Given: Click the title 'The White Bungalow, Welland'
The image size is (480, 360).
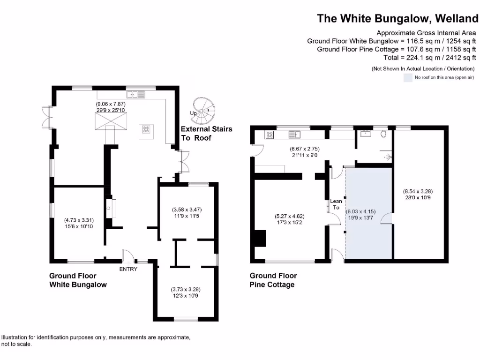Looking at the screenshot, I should (x=397, y=18).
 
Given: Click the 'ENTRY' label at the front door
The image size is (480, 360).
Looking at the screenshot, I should (x=128, y=269).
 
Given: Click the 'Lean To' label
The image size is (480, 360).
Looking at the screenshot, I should (x=336, y=204).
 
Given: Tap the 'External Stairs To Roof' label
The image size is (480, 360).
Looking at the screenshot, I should (x=206, y=133).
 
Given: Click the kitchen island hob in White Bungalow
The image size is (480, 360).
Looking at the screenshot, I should (x=146, y=130).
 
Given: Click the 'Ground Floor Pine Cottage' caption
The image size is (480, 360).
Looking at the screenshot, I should (x=273, y=280).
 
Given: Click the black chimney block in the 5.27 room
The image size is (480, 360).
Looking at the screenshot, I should (x=259, y=239).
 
